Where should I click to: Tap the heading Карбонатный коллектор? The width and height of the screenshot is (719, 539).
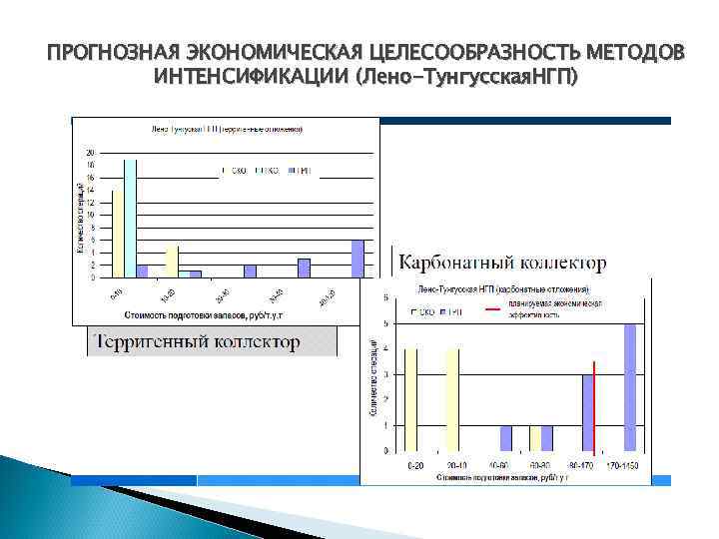pyautogui.click(x=502, y=263)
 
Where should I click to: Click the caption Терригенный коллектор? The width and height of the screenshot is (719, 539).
pyautogui.click(x=197, y=342)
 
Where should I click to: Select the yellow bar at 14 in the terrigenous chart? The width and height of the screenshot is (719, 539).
pyautogui.click(x=118, y=234)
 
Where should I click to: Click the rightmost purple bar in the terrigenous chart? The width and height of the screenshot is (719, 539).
pyautogui.click(x=358, y=258)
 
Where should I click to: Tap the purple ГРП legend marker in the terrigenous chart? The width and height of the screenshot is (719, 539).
pyautogui.click(x=291, y=172)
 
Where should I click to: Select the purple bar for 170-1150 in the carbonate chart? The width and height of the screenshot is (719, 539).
pyautogui.click(x=629, y=388)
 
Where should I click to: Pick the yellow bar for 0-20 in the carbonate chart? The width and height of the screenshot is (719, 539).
pyautogui.click(x=411, y=399)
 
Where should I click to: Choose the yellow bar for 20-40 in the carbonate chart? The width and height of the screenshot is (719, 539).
pyautogui.click(x=452, y=399)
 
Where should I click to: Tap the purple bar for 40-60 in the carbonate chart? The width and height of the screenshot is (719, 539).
pyautogui.click(x=506, y=438)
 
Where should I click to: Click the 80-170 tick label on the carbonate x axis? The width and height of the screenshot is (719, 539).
pyautogui.click(x=581, y=465)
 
